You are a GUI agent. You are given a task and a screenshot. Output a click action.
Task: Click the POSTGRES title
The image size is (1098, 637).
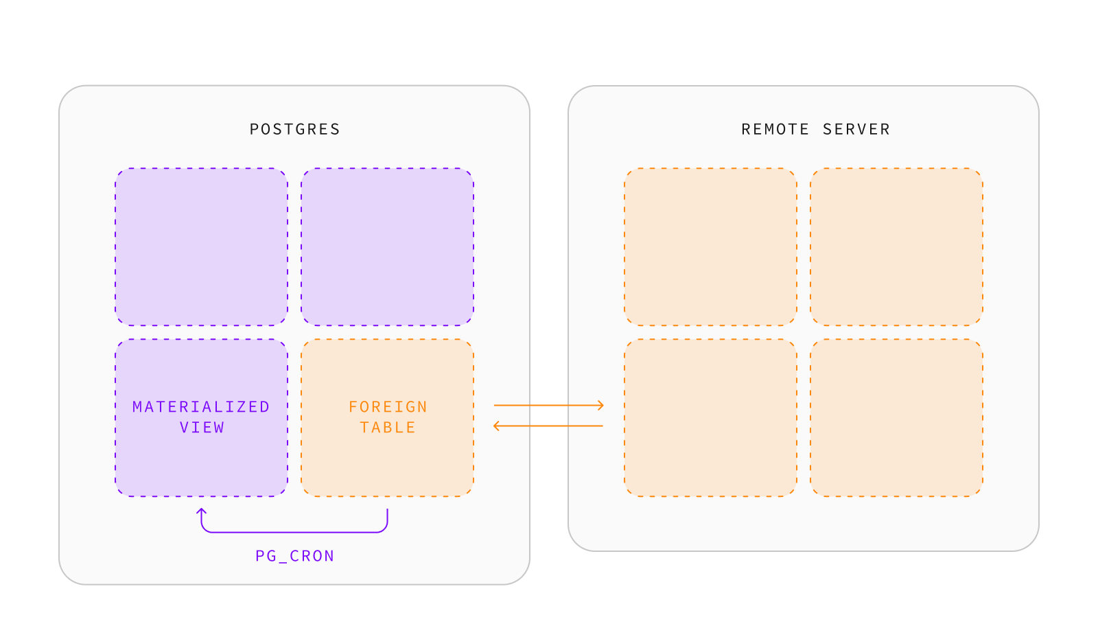pos(294,129)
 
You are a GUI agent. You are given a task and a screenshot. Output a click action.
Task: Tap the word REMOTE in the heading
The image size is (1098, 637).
pos(775,129)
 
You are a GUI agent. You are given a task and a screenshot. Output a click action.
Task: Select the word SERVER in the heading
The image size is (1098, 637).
pos(856,129)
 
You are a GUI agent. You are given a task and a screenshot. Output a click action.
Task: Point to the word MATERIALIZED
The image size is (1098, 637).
pos(201,406)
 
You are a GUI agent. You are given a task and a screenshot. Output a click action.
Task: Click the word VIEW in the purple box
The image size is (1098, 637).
pos(202,427)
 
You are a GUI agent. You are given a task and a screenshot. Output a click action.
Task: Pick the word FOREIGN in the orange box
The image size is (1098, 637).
pos(388,406)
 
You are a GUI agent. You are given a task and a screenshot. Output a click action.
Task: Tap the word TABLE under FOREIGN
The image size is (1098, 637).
pos(388,427)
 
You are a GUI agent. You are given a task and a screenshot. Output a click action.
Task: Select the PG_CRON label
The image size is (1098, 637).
pos(294,555)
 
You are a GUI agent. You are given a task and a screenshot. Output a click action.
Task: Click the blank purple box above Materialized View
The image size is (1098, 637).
pos(202,246)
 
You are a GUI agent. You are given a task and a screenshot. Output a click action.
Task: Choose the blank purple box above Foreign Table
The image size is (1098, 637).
pos(387,246)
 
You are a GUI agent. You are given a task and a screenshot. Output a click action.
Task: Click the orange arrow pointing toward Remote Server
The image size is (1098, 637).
pos(548,406)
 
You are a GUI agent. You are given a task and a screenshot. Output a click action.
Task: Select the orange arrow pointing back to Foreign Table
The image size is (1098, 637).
pos(548,426)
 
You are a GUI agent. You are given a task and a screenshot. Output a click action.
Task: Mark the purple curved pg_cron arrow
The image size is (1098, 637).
pos(294,532)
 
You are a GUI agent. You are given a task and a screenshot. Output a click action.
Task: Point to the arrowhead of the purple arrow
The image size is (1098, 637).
pos(201,510)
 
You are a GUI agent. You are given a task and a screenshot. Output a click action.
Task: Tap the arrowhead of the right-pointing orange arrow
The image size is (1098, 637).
pos(601,406)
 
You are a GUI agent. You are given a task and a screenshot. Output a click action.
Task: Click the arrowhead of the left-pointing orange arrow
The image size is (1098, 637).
pos(495,426)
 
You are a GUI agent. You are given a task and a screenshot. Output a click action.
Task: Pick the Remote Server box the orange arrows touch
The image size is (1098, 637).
pos(710,418)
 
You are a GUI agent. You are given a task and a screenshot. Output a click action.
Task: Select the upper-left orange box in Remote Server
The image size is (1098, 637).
pos(710,246)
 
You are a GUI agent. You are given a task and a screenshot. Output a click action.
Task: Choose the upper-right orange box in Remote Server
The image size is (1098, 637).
pos(896,246)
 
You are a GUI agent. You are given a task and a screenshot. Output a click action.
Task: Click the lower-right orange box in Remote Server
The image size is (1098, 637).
pos(896,418)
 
